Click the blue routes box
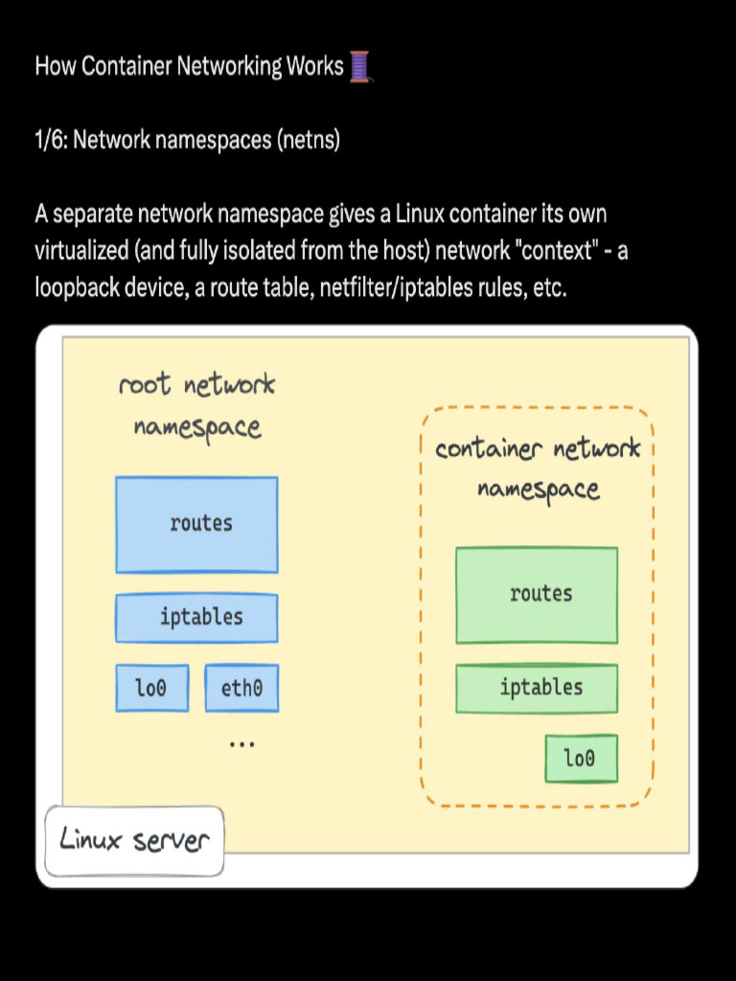click(196, 524)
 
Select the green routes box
click(537, 594)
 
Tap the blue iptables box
click(196, 617)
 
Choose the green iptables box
click(537, 688)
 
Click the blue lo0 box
click(151, 688)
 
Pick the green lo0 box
click(581, 758)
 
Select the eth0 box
click(241, 688)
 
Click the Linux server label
click(134, 841)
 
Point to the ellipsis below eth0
click(241, 742)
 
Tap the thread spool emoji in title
click(359, 66)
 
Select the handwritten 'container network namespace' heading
click(538, 468)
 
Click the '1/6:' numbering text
click(52, 140)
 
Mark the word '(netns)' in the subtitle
click(309, 140)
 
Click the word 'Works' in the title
click(314, 66)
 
